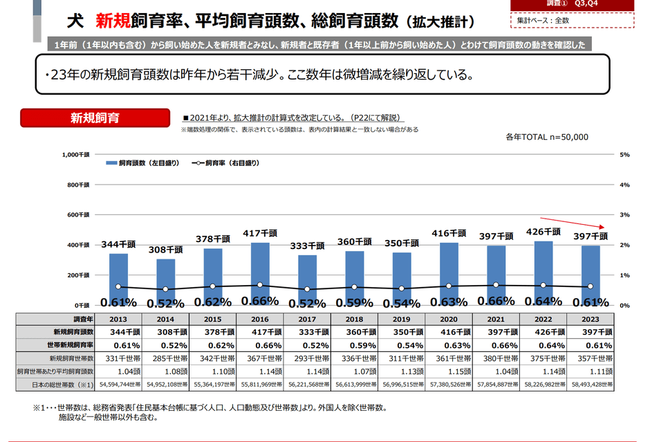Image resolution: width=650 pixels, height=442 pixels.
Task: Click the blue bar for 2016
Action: coord(260,274)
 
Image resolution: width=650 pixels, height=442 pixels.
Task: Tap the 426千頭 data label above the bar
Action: coord(544,232)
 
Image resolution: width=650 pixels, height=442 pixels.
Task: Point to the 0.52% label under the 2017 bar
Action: coord(307,302)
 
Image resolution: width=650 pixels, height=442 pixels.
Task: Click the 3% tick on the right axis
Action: coord(624,215)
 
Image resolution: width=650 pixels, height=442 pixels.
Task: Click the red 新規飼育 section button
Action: coord(94,118)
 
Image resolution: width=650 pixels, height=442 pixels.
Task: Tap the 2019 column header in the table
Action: coord(401,319)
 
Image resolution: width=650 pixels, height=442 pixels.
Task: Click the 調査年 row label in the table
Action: coord(60,319)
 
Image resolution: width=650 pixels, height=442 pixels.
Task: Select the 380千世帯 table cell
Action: coord(496,358)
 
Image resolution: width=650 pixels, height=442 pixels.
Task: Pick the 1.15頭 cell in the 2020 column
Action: coord(449,371)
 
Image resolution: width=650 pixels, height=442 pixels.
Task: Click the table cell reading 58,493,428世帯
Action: coord(590,385)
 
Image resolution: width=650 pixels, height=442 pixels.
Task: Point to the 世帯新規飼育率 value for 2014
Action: coord(166,345)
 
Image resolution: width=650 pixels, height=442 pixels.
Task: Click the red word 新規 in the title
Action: coord(112,21)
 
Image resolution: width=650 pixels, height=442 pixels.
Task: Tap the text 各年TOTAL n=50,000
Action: coord(547,136)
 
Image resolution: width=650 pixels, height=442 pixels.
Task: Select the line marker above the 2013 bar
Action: coord(118,286)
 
